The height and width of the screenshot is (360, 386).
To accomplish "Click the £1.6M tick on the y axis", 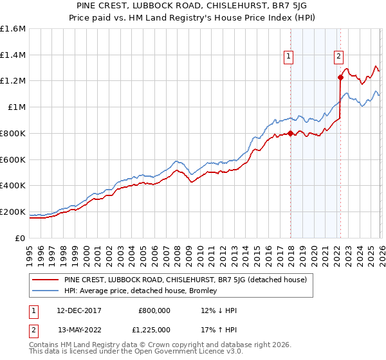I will [13, 29].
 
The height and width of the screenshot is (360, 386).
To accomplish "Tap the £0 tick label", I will [21, 238].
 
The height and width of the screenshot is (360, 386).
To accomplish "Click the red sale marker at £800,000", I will [290, 134].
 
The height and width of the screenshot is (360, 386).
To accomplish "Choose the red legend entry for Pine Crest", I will [186, 280].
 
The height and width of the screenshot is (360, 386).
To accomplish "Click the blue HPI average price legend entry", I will [141, 291].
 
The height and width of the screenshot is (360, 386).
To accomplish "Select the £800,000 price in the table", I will [155, 310].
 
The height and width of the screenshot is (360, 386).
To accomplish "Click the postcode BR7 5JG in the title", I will [295, 6].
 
